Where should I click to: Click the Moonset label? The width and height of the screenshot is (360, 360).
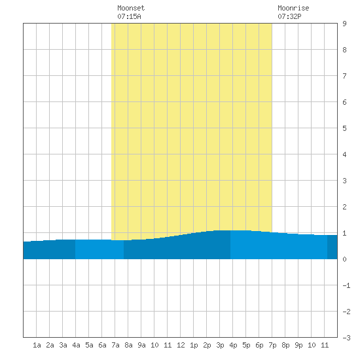pyautogui.click(x=131, y=8)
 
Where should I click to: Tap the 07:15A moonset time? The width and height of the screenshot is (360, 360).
pyautogui.click(x=129, y=16)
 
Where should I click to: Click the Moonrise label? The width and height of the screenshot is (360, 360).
pyautogui.click(x=293, y=8)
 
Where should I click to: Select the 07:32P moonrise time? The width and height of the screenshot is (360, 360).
pyautogui.click(x=289, y=16)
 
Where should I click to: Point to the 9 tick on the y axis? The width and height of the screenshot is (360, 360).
pyautogui.click(x=344, y=24)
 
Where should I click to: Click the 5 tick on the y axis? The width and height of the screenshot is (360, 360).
pyautogui.click(x=344, y=128)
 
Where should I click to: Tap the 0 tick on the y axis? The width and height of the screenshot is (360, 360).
pyautogui.click(x=344, y=259)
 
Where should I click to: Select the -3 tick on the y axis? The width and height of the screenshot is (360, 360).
pyautogui.click(x=346, y=338)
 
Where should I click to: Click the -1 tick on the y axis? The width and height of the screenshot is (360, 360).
pyautogui.click(x=346, y=285)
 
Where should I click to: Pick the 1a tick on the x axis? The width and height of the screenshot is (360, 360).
pyautogui.click(x=37, y=345)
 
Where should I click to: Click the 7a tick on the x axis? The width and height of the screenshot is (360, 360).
pyautogui.click(x=115, y=345)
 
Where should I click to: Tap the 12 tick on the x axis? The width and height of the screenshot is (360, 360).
pyautogui.click(x=181, y=345)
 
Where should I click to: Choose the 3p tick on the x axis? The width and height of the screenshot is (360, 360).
pyautogui.click(x=220, y=345)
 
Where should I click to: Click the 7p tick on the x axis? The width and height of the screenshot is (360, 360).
pyautogui.click(x=272, y=345)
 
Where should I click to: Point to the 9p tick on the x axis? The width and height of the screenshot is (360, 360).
pyautogui.click(x=298, y=345)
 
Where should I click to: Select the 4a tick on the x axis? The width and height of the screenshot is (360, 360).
pyautogui.click(x=76, y=345)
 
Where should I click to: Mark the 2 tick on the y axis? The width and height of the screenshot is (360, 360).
pyautogui.click(x=344, y=207)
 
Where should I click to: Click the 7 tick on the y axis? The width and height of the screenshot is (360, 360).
pyautogui.click(x=344, y=76)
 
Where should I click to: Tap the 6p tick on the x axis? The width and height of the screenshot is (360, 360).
pyautogui.click(x=259, y=345)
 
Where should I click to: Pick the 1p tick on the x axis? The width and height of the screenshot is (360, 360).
pyautogui.click(x=194, y=345)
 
